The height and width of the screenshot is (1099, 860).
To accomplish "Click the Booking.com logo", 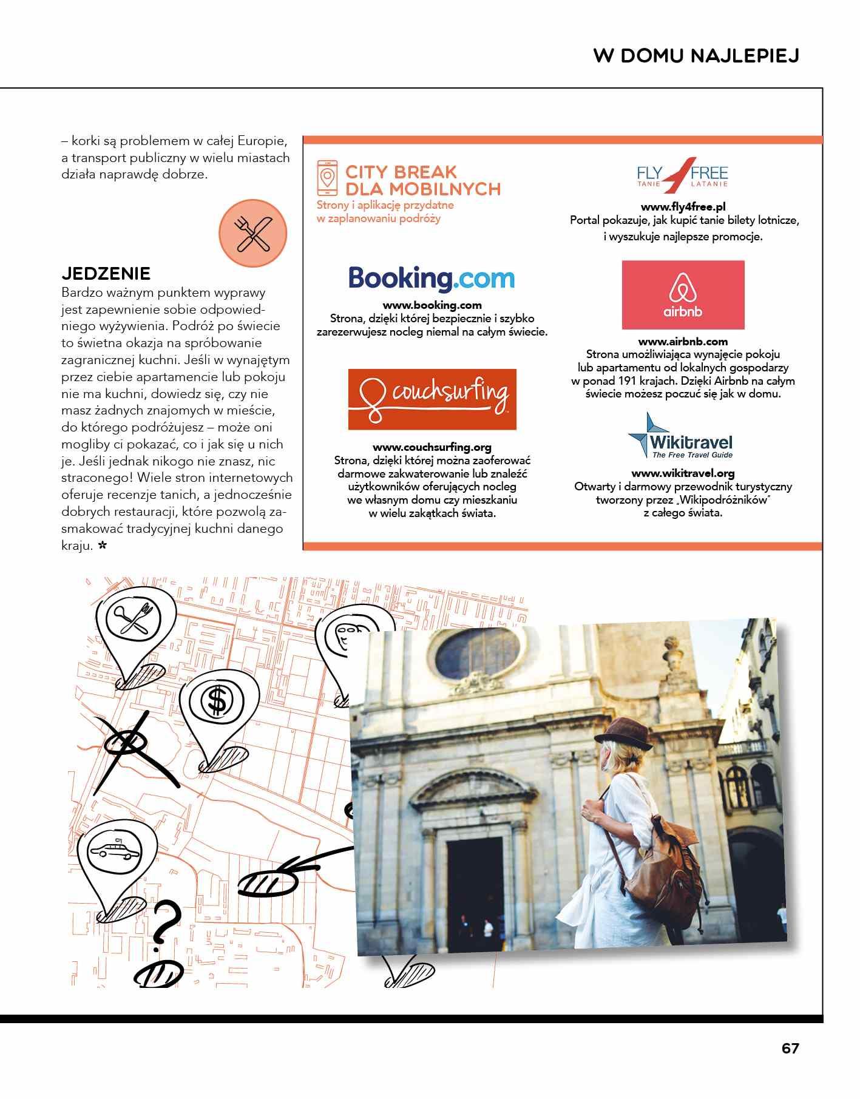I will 432,279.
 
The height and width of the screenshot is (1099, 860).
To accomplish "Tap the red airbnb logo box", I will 683,295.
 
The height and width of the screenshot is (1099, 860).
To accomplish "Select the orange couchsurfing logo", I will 432,399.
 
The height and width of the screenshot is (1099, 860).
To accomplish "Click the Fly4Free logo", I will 682,174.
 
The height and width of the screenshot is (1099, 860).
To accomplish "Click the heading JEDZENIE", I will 106,273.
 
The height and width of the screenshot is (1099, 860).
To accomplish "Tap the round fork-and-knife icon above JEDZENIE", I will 252,234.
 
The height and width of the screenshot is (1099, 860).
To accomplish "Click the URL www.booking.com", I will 432,305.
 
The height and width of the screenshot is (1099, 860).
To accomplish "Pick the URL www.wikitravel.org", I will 683,473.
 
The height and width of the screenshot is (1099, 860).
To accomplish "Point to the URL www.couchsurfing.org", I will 432,447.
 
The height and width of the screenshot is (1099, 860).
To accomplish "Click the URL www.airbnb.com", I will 683,342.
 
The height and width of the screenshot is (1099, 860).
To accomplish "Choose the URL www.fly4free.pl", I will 683,207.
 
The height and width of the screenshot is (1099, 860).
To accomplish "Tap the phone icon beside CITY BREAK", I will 327,177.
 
